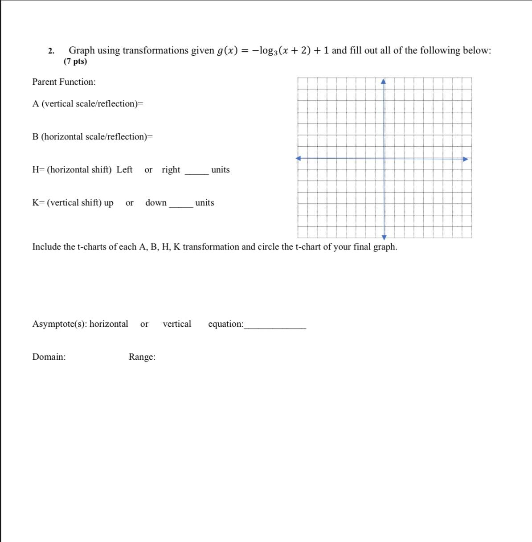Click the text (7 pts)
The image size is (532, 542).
click(x=75, y=62)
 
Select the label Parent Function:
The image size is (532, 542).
click(x=64, y=82)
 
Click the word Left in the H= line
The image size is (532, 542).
click(x=124, y=170)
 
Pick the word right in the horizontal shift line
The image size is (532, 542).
click(x=171, y=170)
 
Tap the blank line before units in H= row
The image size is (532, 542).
click(x=196, y=173)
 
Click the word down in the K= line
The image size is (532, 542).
click(x=156, y=203)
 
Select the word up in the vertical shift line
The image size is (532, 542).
click(x=108, y=203)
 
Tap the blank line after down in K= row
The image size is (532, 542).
click(x=181, y=206)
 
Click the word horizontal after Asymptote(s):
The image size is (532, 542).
click(x=109, y=324)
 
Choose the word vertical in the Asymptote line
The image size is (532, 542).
click(x=177, y=324)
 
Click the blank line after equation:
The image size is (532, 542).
click(x=275, y=328)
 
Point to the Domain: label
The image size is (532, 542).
click(x=49, y=357)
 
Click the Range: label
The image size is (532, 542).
click(x=142, y=357)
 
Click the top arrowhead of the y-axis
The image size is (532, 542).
click(x=384, y=82)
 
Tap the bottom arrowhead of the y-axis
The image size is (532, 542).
click(x=384, y=237)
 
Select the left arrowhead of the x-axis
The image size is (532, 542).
click(x=299, y=158)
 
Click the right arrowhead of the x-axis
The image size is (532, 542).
click(x=465, y=159)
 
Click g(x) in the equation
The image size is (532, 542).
click(x=228, y=51)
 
